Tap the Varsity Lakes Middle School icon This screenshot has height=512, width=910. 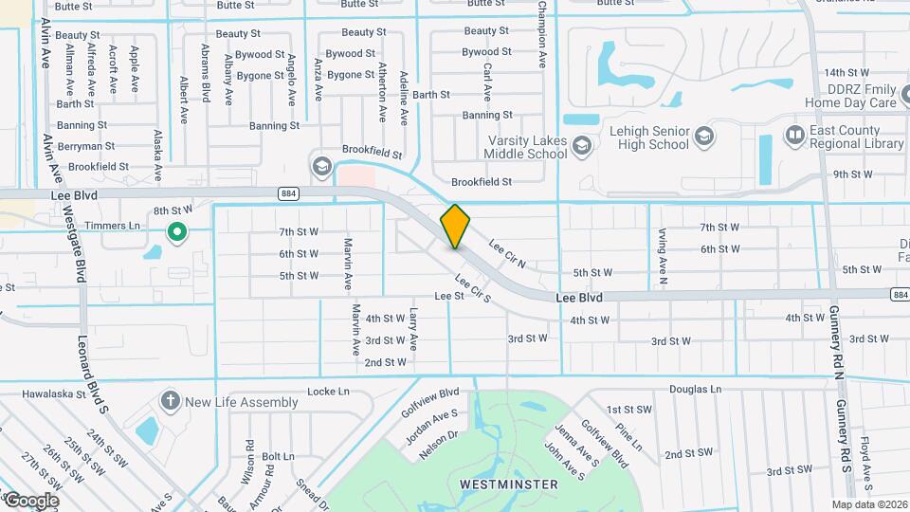click(581, 145)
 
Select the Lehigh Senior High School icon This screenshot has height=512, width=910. click(703, 137)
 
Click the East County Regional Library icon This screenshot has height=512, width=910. click(795, 137)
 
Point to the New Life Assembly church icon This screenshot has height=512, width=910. click(171, 401)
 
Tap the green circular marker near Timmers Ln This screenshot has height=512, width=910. click(175, 230)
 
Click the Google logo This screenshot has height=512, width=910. click(30, 500)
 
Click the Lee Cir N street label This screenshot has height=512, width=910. click(507, 253)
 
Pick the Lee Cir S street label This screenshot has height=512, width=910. click(472, 288)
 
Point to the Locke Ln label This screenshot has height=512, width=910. click(329, 392)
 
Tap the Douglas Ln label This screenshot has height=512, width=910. click(696, 390)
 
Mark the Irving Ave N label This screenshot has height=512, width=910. click(662, 255)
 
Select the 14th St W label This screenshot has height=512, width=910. click(846, 72)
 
